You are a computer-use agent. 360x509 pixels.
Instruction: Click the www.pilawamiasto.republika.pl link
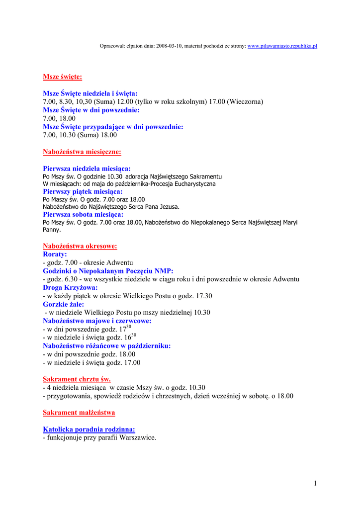tap(282, 46)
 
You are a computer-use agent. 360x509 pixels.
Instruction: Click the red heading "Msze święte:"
tap(62, 77)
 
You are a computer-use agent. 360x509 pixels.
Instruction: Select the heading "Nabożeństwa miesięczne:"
tap(82, 152)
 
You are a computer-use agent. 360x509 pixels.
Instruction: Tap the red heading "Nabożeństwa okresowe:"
tap(80, 246)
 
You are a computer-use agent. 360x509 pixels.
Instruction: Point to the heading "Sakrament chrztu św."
tap(77, 379)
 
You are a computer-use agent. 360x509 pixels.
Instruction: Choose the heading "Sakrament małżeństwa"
tap(79, 413)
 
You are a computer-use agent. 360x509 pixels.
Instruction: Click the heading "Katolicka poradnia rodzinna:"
tap(89, 429)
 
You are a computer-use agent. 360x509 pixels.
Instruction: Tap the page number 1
tap(315, 483)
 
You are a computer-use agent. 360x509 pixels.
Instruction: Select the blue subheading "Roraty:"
tap(55, 254)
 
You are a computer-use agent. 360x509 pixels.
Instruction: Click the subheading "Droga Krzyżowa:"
tap(70, 287)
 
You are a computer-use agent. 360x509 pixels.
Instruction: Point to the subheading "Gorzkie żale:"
tap(63, 304)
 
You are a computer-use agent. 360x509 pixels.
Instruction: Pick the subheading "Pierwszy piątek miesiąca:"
tap(83, 191)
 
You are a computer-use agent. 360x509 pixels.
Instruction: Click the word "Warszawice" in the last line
tap(138, 437)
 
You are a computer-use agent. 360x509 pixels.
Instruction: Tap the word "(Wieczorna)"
tap(245, 101)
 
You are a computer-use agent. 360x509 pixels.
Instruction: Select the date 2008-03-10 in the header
tap(169, 46)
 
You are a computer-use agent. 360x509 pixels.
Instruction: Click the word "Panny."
tap(52, 230)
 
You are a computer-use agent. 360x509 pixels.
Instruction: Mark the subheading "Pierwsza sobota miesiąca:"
tap(83, 214)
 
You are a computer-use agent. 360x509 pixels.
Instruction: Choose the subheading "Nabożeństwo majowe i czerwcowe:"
tap(97, 321)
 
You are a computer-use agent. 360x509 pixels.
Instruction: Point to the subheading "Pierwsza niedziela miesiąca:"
tap(87, 169)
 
